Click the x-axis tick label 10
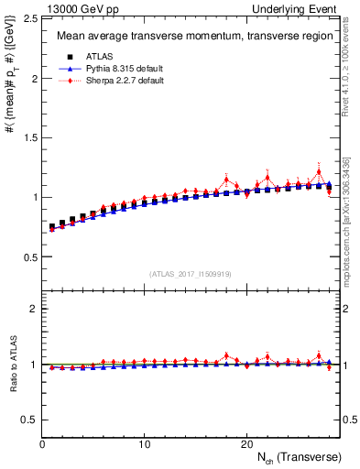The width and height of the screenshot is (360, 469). pos(145,444)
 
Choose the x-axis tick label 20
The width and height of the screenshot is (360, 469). pos(246,444)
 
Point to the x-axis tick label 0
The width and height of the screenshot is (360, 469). pos(42,444)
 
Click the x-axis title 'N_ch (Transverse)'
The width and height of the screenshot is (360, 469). pos(300,457)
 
